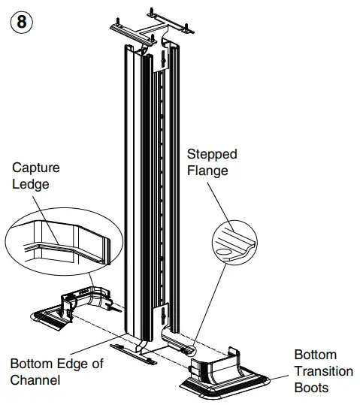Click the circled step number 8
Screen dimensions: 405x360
pos(22,21)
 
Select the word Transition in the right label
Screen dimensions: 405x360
pos(323,371)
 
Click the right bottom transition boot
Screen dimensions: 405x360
pos(225,376)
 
